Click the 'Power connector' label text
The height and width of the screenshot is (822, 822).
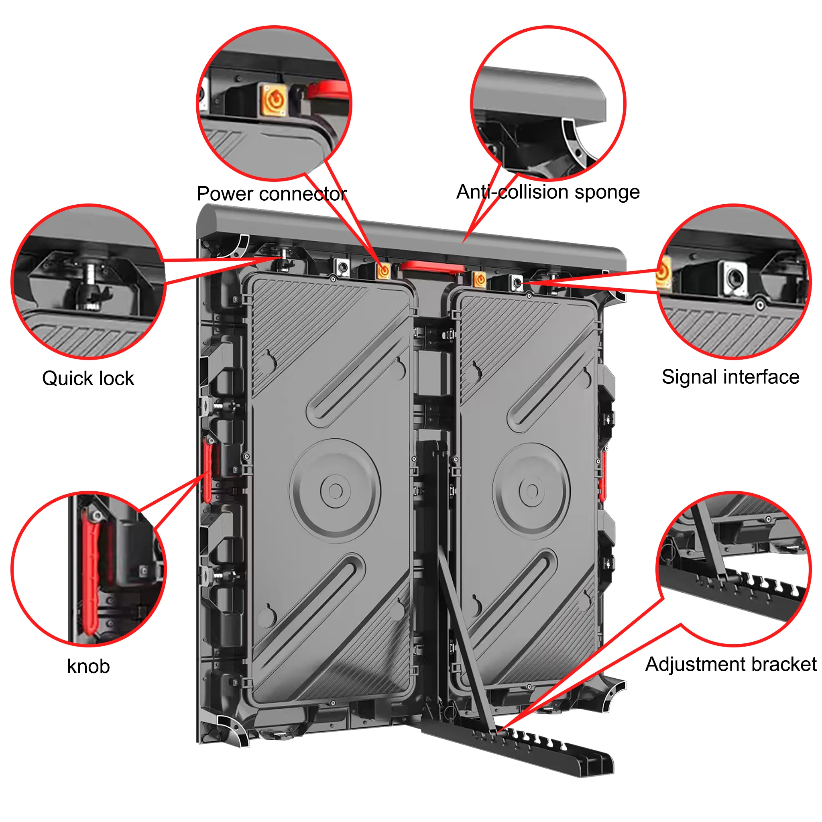click(x=271, y=194)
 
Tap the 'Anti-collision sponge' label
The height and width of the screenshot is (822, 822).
click(x=547, y=192)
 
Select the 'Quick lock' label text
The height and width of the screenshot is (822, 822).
click(x=88, y=378)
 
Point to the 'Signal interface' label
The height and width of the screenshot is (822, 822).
click(x=730, y=377)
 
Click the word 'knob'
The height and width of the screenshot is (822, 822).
click(x=88, y=666)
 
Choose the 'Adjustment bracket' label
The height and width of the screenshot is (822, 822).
click(x=730, y=664)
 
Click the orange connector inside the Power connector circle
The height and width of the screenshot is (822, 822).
click(x=275, y=100)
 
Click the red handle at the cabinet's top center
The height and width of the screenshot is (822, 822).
click(x=433, y=267)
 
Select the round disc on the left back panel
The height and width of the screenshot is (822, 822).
click(x=335, y=490)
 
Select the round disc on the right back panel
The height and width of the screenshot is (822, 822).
click(x=531, y=490)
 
